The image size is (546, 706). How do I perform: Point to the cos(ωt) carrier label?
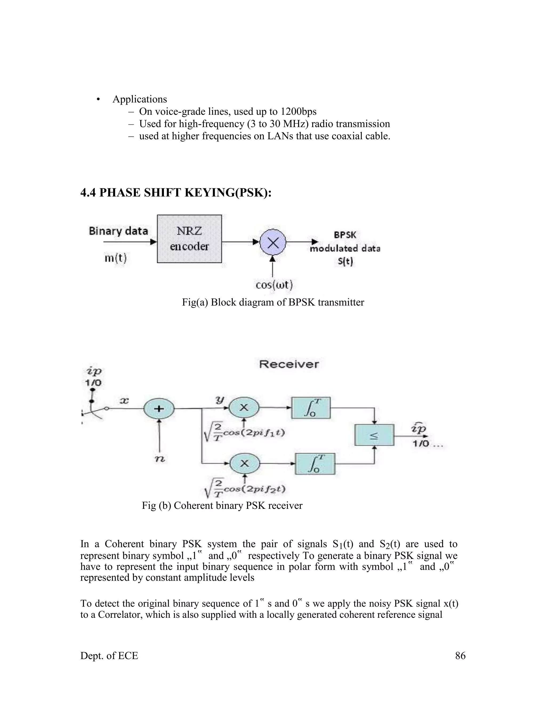click(x=274, y=285)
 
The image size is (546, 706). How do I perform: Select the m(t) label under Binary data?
click(x=115, y=258)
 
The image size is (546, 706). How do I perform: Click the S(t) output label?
click(x=345, y=261)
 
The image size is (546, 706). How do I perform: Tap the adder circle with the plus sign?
click(x=159, y=409)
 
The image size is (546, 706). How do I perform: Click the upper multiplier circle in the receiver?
click(x=244, y=408)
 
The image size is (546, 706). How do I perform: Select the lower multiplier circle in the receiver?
click(x=244, y=464)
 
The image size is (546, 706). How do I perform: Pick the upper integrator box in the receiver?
click(x=311, y=408)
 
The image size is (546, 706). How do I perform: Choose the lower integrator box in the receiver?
click(x=315, y=464)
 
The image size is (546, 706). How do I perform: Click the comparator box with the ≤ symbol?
click(x=374, y=435)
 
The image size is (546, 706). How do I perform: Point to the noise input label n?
click(x=160, y=459)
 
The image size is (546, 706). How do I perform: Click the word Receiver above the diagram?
click(x=289, y=364)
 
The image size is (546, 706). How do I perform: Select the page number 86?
click(x=460, y=656)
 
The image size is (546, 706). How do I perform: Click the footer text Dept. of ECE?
click(x=109, y=656)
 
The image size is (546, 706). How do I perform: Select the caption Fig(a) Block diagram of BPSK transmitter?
click(x=273, y=302)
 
